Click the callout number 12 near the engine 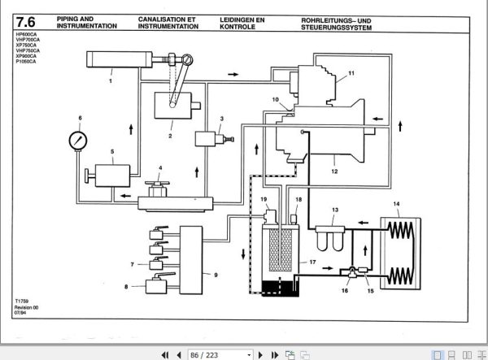[334, 171]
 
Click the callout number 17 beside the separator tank [311, 262]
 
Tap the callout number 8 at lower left [126, 286]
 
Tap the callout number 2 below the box [170, 137]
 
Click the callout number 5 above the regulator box [111, 152]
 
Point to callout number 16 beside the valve [344, 288]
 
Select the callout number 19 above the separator [264, 199]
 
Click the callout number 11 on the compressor [351, 73]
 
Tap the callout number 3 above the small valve [221, 119]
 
